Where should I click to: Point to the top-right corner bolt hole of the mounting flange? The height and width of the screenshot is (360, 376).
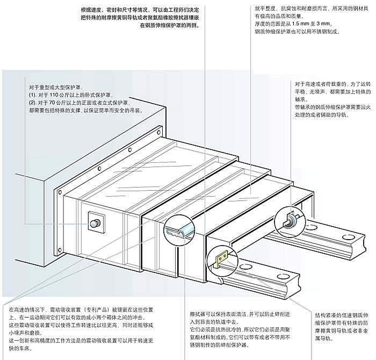pyautogui.click(x=160, y=131)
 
